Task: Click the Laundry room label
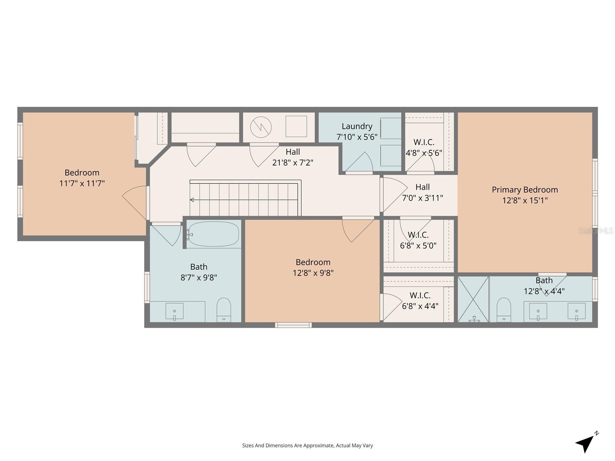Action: [357, 126]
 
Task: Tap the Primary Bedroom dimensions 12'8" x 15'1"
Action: [525, 200]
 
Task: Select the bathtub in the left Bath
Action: [214, 234]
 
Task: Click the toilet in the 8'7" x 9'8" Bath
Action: [223, 310]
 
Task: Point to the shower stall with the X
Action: [473, 299]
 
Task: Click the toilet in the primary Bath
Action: [504, 310]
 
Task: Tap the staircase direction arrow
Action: [192, 200]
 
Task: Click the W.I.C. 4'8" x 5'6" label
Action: [424, 148]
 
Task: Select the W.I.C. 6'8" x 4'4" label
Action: [420, 301]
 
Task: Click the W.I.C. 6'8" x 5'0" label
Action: [418, 240]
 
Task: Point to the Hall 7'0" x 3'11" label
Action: [422, 192]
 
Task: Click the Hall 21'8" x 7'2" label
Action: [293, 157]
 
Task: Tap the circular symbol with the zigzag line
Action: [261, 126]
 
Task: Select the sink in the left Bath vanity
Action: [175, 311]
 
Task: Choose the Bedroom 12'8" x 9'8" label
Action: [313, 267]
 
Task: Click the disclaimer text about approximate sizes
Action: [307, 446]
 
